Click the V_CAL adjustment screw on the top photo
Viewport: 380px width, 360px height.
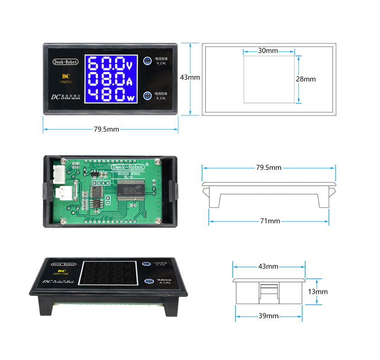click(148, 61)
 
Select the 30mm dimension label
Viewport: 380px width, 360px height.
click(268, 51)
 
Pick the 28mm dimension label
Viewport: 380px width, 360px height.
click(306, 79)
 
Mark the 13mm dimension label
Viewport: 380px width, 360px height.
click(318, 291)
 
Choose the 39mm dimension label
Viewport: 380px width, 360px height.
click(269, 316)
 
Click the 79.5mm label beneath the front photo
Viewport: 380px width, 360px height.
click(107, 129)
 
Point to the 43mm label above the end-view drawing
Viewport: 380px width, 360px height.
click(268, 267)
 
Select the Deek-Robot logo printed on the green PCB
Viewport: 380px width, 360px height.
click(128, 166)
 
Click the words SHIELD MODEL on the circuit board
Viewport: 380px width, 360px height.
click(129, 174)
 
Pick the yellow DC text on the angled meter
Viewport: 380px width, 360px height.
click(59, 270)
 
